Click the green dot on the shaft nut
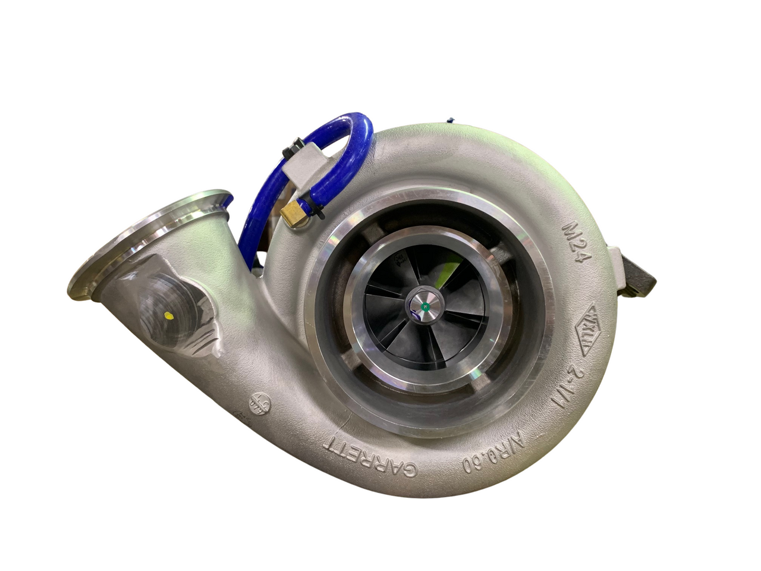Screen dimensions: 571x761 click(426, 308)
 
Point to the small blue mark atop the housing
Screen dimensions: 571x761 click(451, 120)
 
